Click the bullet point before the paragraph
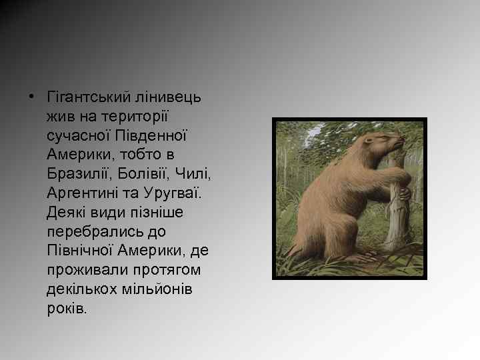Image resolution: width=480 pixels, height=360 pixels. tap(32, 97)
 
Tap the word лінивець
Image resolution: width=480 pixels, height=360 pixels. tap(170, 97)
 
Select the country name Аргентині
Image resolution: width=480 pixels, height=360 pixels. tap(83, 194)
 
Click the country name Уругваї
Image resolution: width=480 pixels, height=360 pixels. tap(177, 194)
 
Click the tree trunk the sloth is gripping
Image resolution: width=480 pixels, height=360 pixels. tap(399, 213)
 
